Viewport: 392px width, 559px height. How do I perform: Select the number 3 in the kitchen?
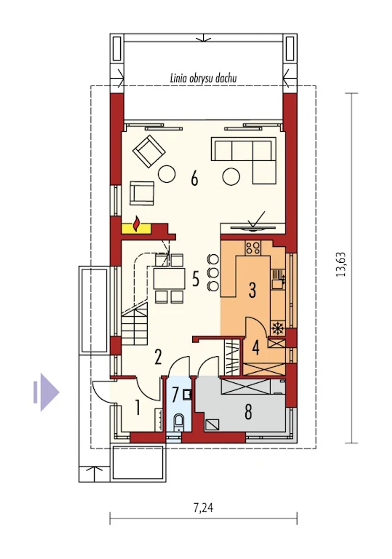pyautogui.click(x=252, y=290)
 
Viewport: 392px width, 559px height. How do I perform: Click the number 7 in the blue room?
pyautogui.click(x=175, y=395)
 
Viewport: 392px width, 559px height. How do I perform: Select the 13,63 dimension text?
pyautogui.click(x=341, y=264)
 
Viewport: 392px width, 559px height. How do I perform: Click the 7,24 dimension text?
pyautogui.click(x=203, y=508)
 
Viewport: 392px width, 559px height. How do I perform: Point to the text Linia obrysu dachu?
pyautogui.click(x=203, y=78)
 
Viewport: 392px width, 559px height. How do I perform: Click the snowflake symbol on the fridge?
pyautogui.click(x=278, y=328)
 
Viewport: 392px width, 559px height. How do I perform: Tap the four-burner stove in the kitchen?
pyautogui.click(x=253, y=248)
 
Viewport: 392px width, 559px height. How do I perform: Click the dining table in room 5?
pyautogui.click(x=169, y=278)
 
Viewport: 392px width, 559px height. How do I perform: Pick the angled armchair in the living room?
pyautogui.click(x=149, y=151)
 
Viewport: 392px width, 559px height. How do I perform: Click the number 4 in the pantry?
pyautogui.click(x=256, y=348)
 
